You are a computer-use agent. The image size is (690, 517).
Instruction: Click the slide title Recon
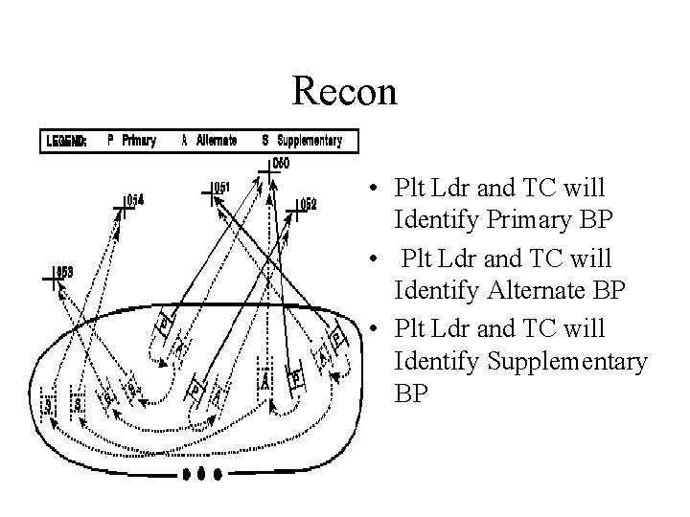pyautogui.click(x=344, y=91)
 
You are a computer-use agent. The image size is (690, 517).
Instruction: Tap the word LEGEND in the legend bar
pyautogui.click(x=65, y=141)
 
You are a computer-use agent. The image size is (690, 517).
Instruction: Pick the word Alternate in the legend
pyautogui.click(x=217, y=141)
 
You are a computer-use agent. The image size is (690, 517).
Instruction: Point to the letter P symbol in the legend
pyautogui.click(x=111, y=141)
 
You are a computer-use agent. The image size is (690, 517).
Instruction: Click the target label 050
pyautogui.click(x=281, y=164)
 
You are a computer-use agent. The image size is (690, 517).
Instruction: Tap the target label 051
pyautogui.click(x=221, y=188)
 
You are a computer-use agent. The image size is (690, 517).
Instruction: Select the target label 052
pyautogui.click(x=308, y=203)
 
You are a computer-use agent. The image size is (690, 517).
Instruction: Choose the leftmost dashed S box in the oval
pyautogui.click(x=48, y=405)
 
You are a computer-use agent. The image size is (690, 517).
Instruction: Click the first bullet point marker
pyautogui.click(x=381, y=188)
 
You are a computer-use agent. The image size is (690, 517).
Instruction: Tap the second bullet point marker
pyautogui.click(x=381, y=258)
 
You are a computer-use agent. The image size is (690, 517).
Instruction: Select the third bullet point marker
pyautogui.click(x=381, y=328)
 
